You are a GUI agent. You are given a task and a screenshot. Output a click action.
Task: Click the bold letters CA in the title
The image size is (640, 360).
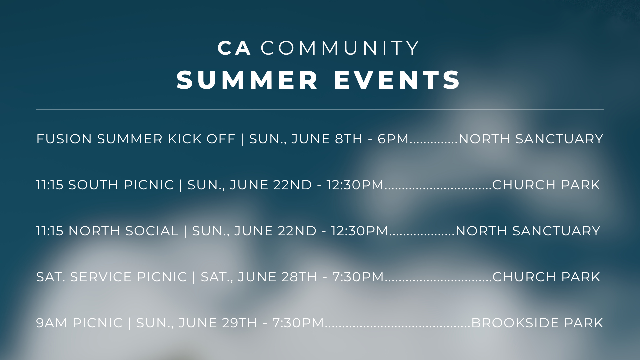click(x=234, y=48)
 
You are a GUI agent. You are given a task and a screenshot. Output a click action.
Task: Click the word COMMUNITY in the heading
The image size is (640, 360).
click(x=340, y=48)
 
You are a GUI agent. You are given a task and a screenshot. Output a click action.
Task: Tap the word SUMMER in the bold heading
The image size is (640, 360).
click(x=247, y=80)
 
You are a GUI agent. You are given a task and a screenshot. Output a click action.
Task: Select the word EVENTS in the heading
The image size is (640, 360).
click(x=397, y=80)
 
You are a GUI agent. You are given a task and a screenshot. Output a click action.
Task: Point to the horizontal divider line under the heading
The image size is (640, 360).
click(x=320, y=109)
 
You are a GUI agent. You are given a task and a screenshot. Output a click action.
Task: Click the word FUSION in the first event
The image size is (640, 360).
click(x=64, y=139)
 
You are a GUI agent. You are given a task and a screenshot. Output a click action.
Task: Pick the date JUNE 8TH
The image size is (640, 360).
click(x=327, y=139)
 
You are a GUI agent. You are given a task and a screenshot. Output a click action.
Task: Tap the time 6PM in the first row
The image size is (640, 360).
click(x=393, y=139)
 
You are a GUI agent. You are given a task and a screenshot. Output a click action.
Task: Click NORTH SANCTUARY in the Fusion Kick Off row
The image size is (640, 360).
click(x=531, y=139)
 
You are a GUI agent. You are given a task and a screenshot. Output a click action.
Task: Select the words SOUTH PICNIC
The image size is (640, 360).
click(x=121, y=185)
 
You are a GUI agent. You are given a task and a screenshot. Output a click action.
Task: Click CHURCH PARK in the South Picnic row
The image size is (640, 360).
click(x=546, y=185)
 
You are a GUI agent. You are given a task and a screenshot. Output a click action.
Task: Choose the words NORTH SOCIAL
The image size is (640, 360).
click(x=123, y=231)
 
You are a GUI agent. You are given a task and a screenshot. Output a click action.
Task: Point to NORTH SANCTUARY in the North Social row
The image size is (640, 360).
click(x=528, y=231)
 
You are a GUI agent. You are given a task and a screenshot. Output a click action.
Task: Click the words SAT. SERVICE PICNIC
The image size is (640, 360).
click(x=112, y=277)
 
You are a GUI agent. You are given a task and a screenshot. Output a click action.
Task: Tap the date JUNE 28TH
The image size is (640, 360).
click(x=277, y=277)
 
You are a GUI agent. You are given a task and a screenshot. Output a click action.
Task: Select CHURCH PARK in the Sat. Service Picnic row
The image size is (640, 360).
click(x=546, y=277)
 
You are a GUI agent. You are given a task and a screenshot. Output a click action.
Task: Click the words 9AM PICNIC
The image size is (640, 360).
click(x=79, y=323)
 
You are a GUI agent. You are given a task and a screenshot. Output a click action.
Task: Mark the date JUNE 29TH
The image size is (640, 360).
click(x=218, y=323)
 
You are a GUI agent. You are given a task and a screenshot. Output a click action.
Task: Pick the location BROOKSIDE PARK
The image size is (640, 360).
click(x=537, y=323)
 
